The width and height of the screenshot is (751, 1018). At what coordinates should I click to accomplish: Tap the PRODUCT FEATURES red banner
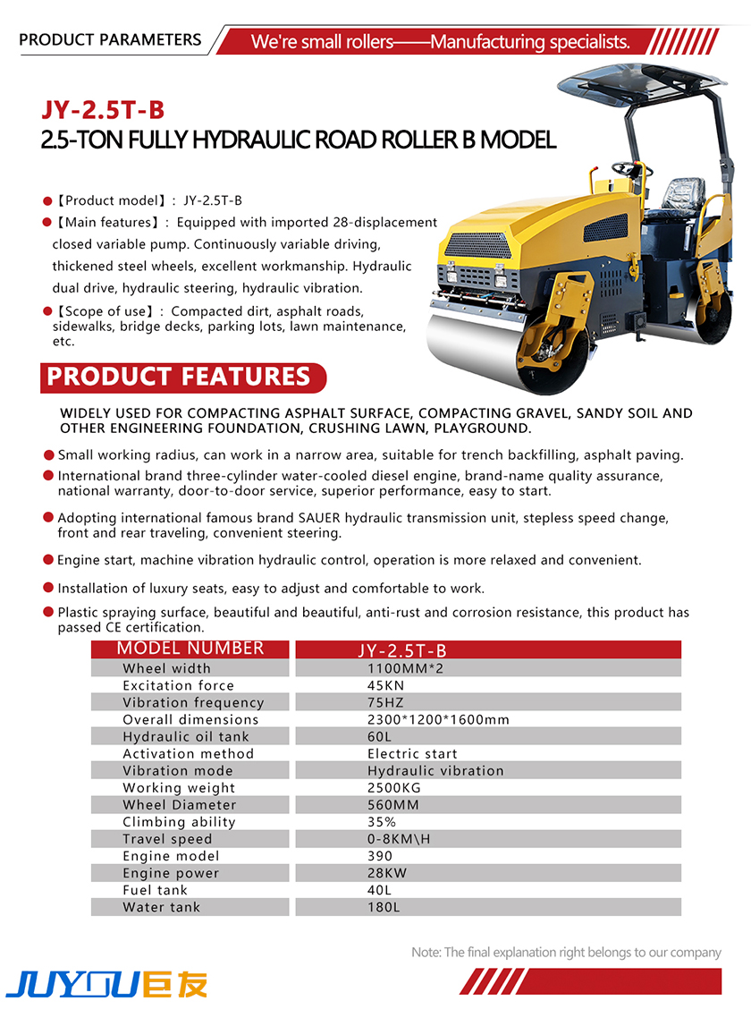(x=179, y=377)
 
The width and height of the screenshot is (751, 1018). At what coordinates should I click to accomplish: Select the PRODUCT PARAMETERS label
(x=110, y=39)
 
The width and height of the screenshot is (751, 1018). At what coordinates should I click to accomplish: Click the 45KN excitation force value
(x=388, y=685)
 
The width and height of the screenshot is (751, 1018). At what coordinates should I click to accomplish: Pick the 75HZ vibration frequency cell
(x=386, y=702)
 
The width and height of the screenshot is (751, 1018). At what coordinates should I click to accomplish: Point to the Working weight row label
(x=179, y=787)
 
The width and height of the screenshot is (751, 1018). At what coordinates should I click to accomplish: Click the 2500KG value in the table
(x=394, y=787)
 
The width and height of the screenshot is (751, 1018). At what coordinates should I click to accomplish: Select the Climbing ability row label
(x=179, y=821)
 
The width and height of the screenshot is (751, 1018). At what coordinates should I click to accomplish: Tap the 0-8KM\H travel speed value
(x=399, y=838)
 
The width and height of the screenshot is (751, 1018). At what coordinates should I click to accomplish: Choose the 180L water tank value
(x=384, y=906)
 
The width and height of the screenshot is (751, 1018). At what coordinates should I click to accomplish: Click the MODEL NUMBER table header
(x=190, y=649)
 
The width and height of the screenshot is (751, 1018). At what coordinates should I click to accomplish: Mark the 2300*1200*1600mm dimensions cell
(x=438, y=719)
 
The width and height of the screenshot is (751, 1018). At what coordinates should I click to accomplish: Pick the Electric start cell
(x=412, y=753)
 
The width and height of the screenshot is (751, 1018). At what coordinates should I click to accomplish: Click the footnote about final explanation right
(x=565, y=953)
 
